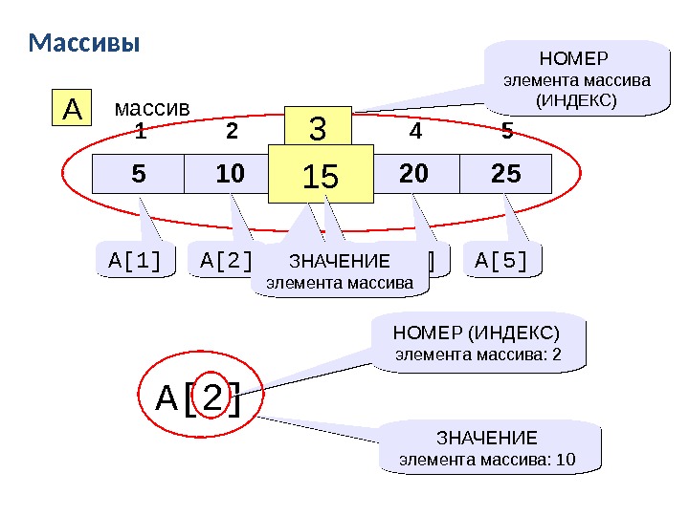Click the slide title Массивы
(x=84, y=44)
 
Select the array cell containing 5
(x=139, y=174)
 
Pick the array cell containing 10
(x=231, y=174)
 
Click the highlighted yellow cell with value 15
(x=321, y=174)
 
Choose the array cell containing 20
(x=413, y=174)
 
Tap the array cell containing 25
(x=505, y=174)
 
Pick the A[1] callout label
(x=137, y=260)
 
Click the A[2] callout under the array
(x=223, y=260)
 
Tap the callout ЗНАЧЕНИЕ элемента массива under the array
(x=340, y=272)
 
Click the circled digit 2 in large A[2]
(x=214, y=398)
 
